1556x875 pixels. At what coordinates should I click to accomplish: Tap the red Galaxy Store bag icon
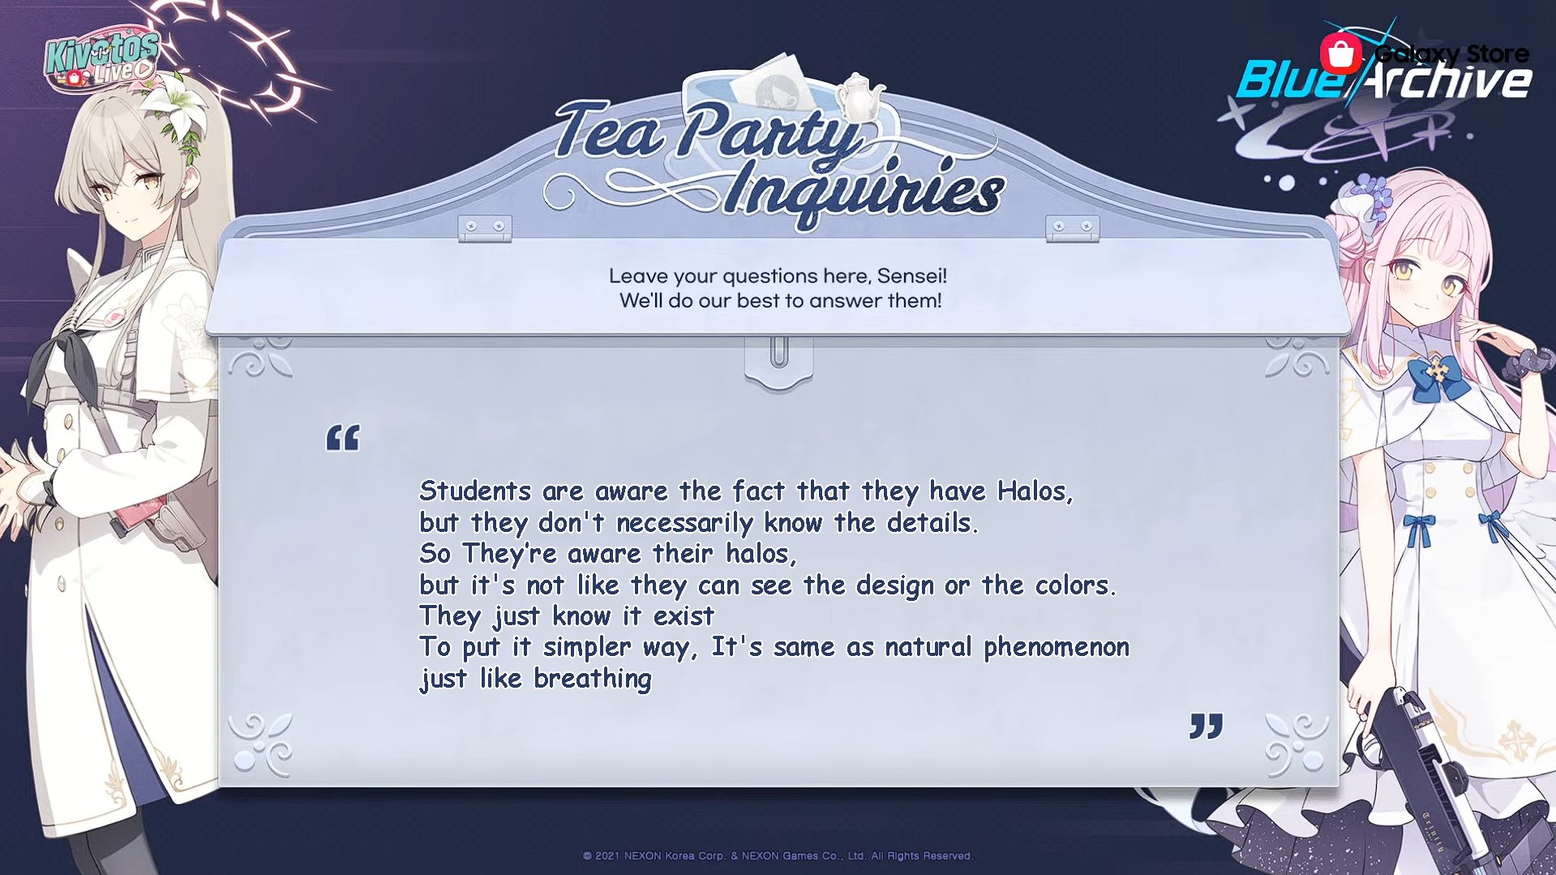click(1341, 54)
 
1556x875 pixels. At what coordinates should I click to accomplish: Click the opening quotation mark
click(342, 438)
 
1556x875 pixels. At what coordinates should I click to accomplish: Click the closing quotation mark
click(1206, 726)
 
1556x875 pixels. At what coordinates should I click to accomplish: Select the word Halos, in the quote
click(1035, 491)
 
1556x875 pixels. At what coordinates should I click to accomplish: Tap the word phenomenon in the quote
click(1056, 648)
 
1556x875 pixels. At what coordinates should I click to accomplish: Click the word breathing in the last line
click(593, 679)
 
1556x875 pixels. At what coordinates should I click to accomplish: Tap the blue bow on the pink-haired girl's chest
click(1437, 377)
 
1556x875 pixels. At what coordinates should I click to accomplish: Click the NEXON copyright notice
click(778, 856)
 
